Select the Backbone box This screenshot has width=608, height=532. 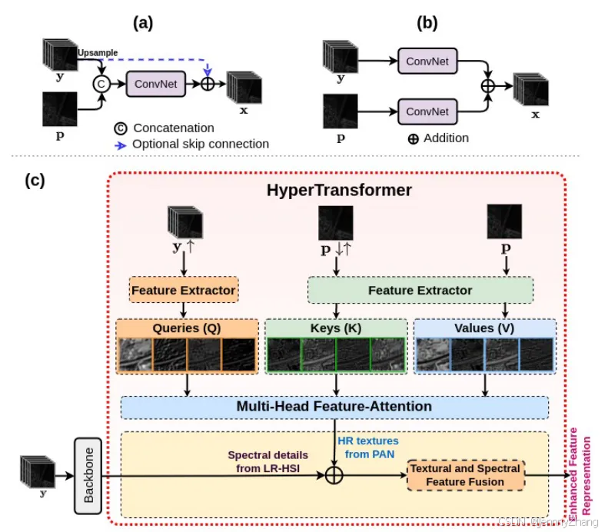[88, 474]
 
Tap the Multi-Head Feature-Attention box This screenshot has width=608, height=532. [334, 406]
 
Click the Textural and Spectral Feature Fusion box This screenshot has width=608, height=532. [466, 475]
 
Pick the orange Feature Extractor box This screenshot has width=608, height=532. [183, 291]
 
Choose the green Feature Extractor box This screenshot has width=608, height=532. [420, 291]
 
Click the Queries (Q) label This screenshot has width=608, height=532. [188, 328]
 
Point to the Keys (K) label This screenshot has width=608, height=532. [335, 328]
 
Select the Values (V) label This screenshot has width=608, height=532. [485, 328]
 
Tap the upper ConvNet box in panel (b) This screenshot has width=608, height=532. [427, 58]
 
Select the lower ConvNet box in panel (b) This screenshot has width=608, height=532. [427, 111]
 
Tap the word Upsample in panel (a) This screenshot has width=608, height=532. [98, 52]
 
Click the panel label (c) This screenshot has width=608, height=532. [35, 181]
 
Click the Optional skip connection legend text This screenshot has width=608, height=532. [201, 144]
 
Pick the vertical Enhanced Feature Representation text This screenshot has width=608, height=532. [580, 477]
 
